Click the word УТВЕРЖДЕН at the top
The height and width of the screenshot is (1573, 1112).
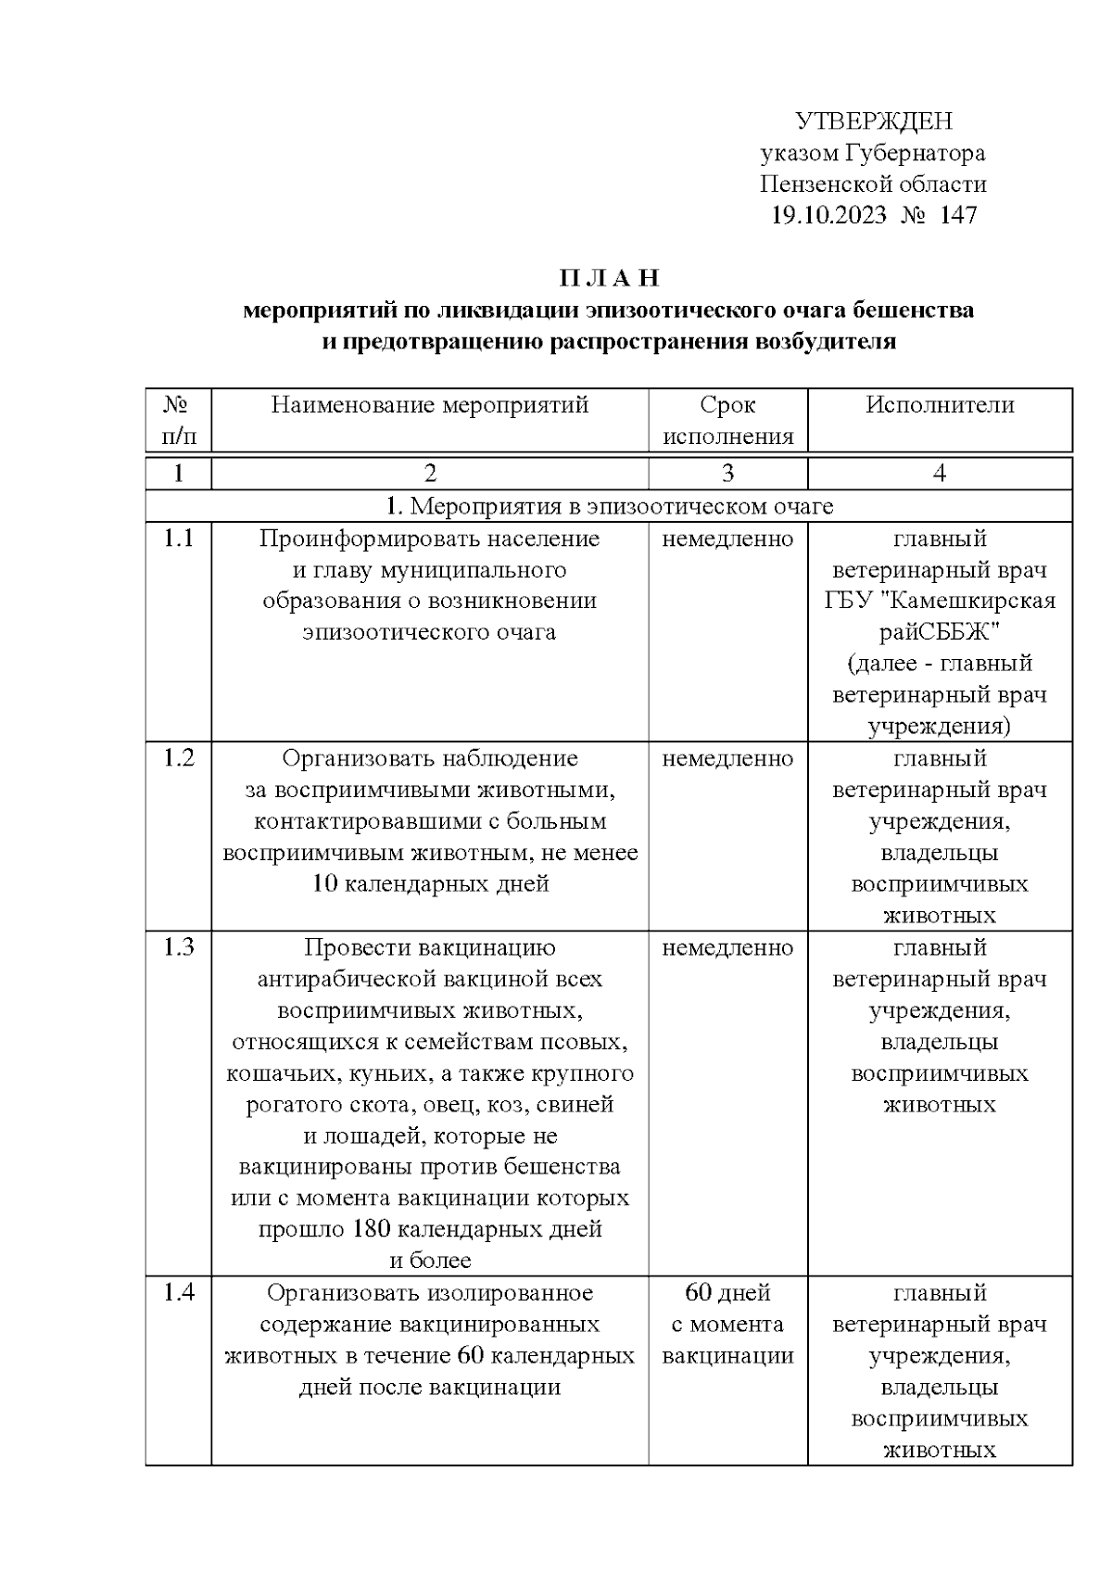[874, 121]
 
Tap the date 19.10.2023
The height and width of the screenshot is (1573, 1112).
[828, 216]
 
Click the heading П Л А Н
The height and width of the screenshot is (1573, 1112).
[609, 278]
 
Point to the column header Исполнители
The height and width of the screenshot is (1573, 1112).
[940, 405]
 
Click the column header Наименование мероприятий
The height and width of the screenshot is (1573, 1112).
[430, 405]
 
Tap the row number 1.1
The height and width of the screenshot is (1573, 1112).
[178, 539]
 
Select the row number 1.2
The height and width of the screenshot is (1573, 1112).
[178, 758]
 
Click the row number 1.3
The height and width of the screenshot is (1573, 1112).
[178, 947]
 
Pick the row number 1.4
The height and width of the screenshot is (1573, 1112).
[178, 1292]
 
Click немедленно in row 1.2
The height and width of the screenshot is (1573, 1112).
[727, 758]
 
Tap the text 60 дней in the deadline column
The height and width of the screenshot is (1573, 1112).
[727, 1292]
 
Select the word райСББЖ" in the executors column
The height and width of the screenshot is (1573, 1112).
[940, 632]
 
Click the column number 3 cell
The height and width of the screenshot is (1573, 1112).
[727, 474]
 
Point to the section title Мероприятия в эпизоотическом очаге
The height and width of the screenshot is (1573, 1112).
[621, 506]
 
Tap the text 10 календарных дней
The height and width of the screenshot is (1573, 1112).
[430, 883]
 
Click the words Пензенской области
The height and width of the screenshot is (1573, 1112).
[873, 184]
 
